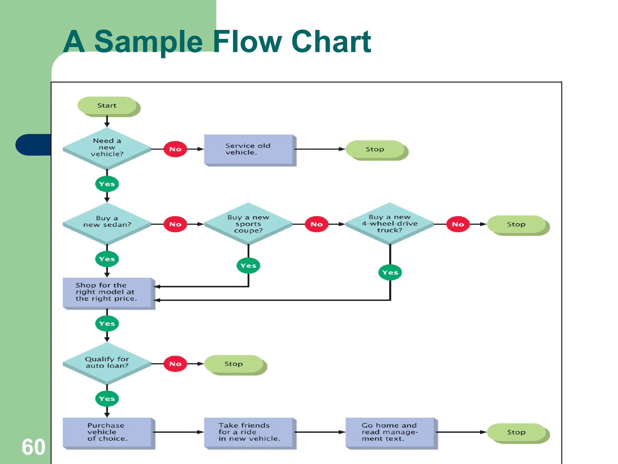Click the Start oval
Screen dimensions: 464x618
107,106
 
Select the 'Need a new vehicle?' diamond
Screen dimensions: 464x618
107,148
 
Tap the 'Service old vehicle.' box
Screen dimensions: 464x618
248,149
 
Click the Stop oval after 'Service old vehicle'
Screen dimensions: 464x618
375,149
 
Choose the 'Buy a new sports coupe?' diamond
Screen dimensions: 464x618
248,224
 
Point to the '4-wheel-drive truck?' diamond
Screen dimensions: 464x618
390,224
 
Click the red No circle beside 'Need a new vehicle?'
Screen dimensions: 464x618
175,149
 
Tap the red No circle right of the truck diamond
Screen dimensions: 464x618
458,224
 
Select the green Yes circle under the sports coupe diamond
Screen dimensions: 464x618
248,266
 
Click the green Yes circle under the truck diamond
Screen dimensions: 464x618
390,272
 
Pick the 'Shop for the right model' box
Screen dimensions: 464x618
107,292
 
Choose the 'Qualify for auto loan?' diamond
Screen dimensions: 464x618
107,362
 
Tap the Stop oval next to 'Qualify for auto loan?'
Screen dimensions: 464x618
234,364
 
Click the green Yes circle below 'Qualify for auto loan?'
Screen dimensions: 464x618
107,399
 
